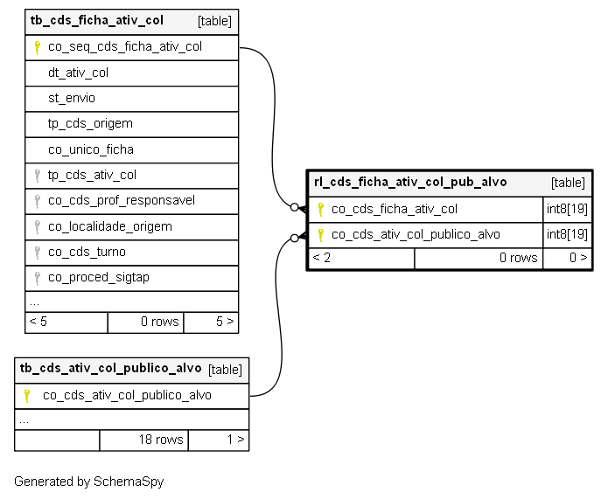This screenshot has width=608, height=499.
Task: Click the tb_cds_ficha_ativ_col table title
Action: pyautogui.click(x=96, y=20)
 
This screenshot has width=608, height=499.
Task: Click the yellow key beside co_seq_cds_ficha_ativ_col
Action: pyautogui.click(x=38, y=48)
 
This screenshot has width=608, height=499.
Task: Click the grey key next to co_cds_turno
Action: pyautogui.click(x=38, y=253)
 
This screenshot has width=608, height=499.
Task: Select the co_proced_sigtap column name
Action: pyautogui.click(x=99, y=278)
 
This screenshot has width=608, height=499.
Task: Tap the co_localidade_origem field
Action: pyautogui.click(x=109, y=226)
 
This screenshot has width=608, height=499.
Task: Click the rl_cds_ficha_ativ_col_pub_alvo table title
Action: pyautogui.click(x=410, y=182)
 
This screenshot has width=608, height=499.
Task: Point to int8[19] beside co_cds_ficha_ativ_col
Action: pyautogui.click(x=567, y=209)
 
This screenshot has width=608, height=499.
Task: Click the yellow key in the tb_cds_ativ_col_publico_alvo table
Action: pyautogui.click(x=27, y=396)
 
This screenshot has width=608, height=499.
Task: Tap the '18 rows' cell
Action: pyautogui.click(x=161, y=440)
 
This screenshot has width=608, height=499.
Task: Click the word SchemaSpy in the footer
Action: pyautogui.click(x=129, y=482)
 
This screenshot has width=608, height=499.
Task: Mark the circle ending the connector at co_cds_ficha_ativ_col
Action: pyautogui.click(x=294, y=207)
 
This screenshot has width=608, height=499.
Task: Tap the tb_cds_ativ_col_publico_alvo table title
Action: pyautogui.click(x=110, y=368)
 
